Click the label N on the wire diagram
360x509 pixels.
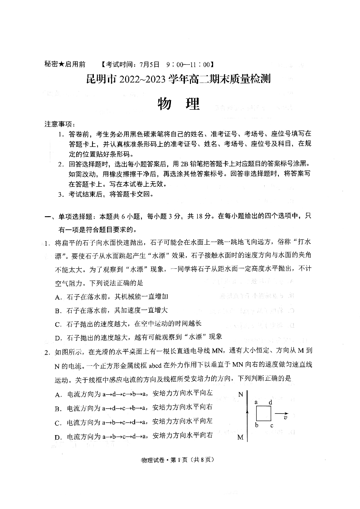pos(241,393)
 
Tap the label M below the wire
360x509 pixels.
pos(241,438)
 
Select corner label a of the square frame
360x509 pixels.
pos(256,402)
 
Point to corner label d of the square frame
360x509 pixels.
pos(270,402)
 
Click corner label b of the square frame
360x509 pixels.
pos(256,425)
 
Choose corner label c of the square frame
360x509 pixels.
pos(271,425)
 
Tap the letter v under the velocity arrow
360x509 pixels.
pos(285,418)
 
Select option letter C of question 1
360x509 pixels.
pos(58,324)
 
